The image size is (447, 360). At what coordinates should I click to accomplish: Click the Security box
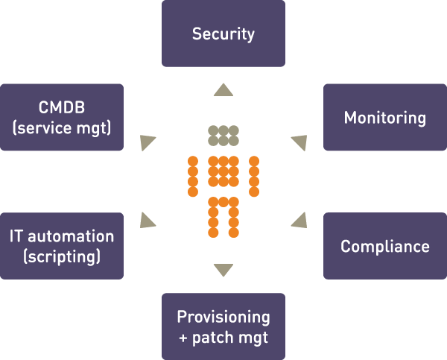[223, 34]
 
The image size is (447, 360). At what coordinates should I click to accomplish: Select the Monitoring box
[385, 117]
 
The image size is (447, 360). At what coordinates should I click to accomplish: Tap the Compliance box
[385, 246]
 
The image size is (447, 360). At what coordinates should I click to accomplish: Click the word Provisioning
[223, 318]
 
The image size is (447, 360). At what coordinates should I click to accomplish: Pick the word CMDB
[62, 107]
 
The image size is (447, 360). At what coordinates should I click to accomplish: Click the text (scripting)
[62, 256]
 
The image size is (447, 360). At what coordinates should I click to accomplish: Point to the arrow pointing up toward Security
[223, 89]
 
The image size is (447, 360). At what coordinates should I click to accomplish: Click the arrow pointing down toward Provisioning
[223, 270]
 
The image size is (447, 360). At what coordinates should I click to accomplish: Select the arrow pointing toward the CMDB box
[147, 142]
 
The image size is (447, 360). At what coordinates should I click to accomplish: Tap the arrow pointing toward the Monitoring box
[299, 142]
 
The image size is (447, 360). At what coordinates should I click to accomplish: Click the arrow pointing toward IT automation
[147, 221]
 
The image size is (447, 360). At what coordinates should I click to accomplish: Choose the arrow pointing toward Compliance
[300, 221]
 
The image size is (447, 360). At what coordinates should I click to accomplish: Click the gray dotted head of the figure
[223, 136]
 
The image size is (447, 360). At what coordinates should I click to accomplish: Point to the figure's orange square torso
[223, 171]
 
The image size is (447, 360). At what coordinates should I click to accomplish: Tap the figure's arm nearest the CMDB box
[193, 177]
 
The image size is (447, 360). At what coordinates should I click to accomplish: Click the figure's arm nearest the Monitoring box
[254, 177]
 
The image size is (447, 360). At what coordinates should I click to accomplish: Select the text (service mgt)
[62, 127]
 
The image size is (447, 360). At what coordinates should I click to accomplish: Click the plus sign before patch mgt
[183, 338]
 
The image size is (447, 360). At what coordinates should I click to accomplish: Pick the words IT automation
[62, 236]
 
